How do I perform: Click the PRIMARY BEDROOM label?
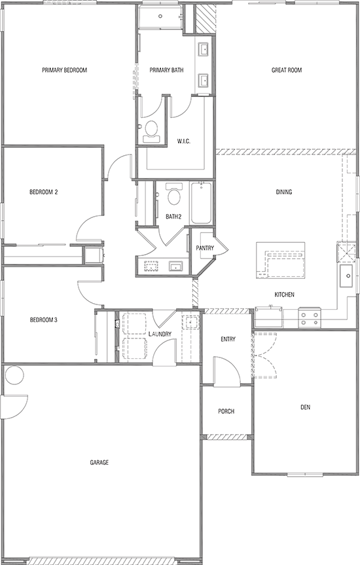point(64,70)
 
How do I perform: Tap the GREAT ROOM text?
point(286,70)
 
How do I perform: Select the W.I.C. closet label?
point(183,141)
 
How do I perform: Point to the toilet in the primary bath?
point(151,129)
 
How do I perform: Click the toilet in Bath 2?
point(173,195)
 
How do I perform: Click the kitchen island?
point(281,256)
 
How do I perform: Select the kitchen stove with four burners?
point(310,318)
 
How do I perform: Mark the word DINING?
point(283,192)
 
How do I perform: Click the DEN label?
point(305,407)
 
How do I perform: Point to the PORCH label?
point(226,411)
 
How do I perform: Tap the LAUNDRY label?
point(160,334)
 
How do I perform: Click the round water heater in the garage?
point(14,376)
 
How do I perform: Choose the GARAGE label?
point(99,462)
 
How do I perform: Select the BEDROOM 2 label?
point(44,192)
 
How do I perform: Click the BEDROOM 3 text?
point(44,320)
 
